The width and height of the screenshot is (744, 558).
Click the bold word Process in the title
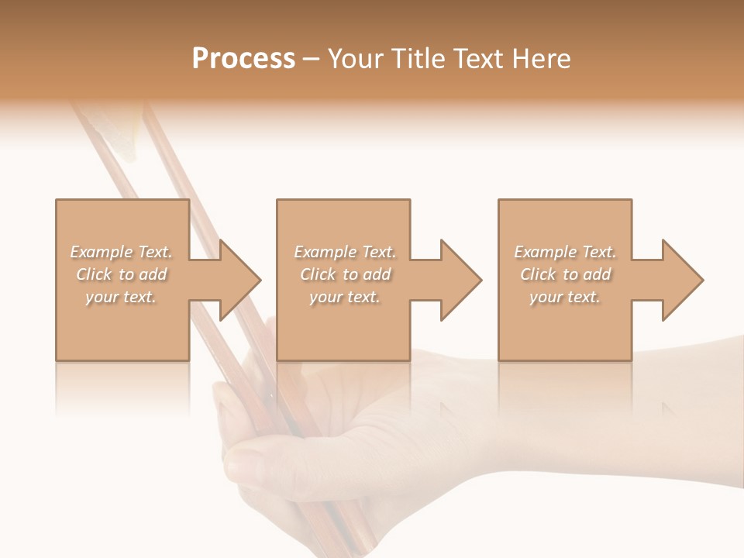tap(243, 59)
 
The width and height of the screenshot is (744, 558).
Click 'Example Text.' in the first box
tap(121, 252)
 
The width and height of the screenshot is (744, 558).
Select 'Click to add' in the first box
tap(121, 274)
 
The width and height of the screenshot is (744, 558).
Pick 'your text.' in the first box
tap(121, 297)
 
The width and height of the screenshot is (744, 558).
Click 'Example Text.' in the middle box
tap(344, 252)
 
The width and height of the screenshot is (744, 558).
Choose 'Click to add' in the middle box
tap(344, 274)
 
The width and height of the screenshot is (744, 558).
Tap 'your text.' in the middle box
tap(344, 297)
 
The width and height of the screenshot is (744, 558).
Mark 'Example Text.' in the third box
tap(565, 252)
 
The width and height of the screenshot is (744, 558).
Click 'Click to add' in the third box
tap(565, 274)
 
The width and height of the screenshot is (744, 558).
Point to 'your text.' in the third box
tap(565, 297)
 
